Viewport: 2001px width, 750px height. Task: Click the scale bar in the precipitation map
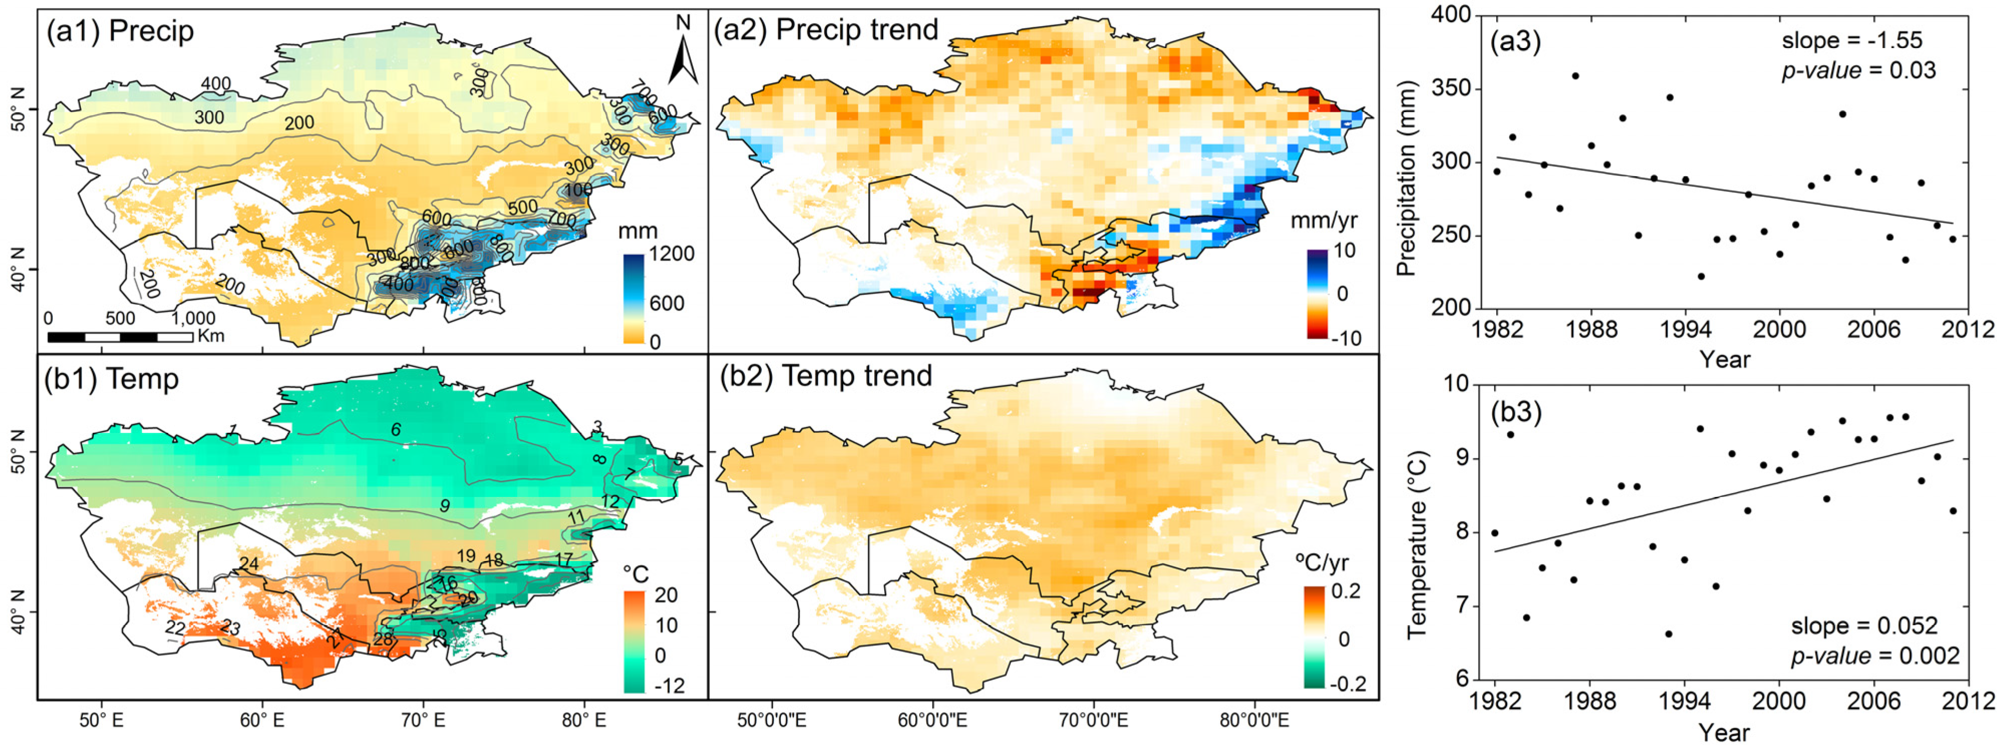pos(120,337)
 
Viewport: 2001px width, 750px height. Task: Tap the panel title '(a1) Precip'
pos(120,31)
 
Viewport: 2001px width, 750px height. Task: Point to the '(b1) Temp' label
pos(113,379)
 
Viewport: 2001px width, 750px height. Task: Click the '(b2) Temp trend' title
pos(826,376)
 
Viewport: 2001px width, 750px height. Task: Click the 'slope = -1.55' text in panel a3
pos(1851,41)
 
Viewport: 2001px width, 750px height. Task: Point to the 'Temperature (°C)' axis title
pos(1417,544)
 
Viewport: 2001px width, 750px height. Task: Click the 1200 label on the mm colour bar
pos(673,254)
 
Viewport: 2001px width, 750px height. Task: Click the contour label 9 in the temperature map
pos(444,506)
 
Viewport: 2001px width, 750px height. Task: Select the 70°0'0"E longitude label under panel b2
pos(1094,720)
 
